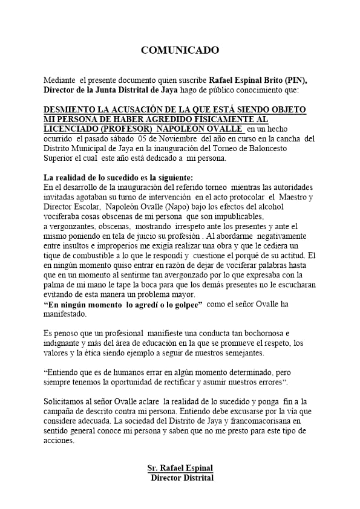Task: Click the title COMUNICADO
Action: point(180,50)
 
